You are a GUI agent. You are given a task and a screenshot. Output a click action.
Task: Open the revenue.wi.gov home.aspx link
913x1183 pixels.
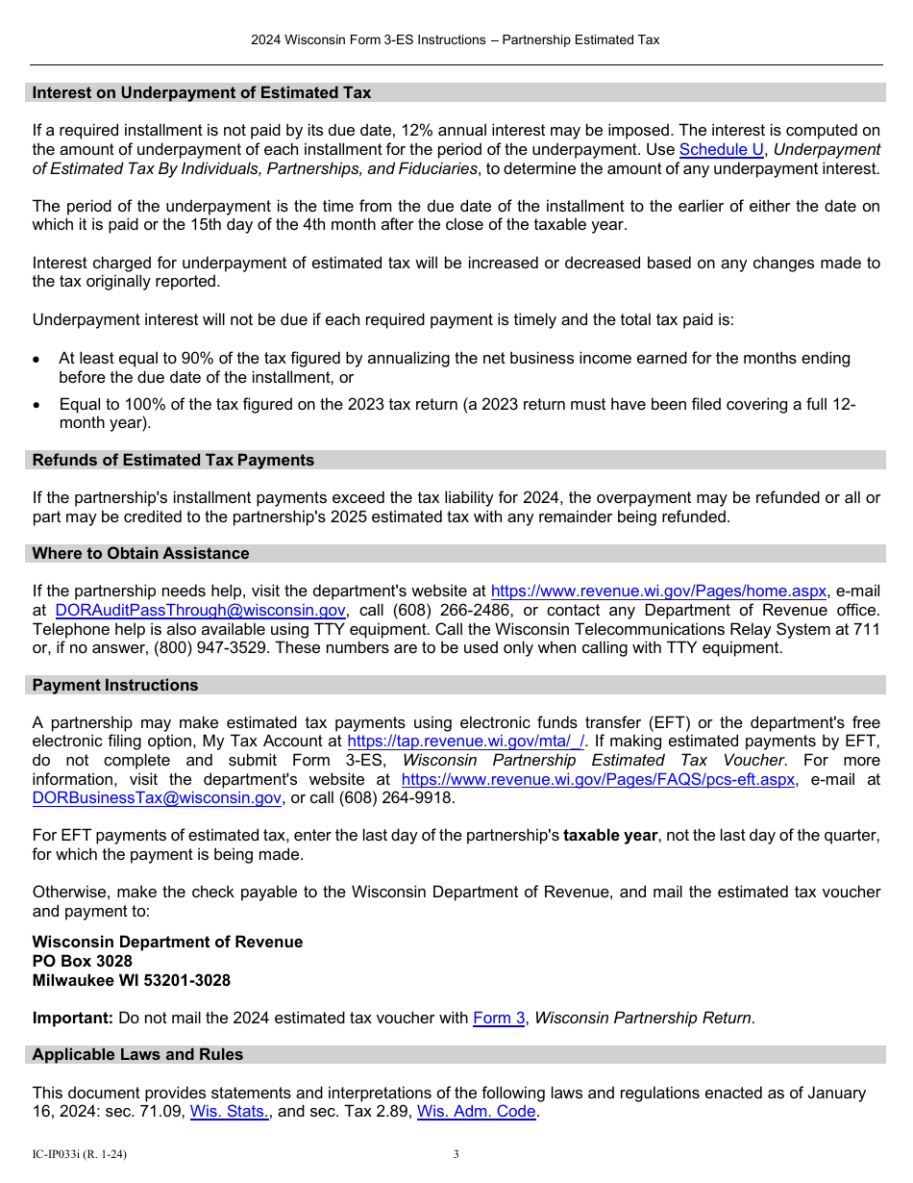click(x=658, y=591)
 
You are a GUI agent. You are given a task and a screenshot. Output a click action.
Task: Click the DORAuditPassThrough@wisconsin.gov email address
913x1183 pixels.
click(x=200, y=611)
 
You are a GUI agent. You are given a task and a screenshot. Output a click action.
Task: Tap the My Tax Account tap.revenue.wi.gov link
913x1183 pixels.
click(x=465, y=742)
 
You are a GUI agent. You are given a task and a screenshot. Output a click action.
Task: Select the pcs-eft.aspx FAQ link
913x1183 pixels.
click(x=598, y=780)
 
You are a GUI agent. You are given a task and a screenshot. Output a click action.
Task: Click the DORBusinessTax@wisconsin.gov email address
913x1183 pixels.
click(x=157, y=798)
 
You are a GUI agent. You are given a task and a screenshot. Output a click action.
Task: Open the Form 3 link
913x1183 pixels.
click(x=499, y=1019)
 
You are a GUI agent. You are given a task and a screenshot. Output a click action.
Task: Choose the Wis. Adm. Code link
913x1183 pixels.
click(x=476, y=1113)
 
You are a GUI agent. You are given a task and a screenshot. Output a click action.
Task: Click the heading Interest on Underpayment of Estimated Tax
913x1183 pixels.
click(x=202, y=93)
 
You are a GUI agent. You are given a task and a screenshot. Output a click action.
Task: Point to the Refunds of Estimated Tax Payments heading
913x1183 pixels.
click(x=173, y=461)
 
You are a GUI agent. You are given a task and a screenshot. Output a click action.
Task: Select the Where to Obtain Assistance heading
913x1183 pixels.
click(x=140, y=554)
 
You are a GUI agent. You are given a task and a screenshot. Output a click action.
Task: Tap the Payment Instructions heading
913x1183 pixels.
click(x=115, y=686)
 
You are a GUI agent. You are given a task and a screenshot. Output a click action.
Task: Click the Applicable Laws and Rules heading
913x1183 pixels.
click(x=137, y=1055)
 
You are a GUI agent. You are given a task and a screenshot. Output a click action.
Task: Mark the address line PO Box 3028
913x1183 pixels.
click(x=83, y=962)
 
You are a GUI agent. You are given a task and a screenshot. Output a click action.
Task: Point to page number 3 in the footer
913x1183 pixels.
click(x=456, y=1155)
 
